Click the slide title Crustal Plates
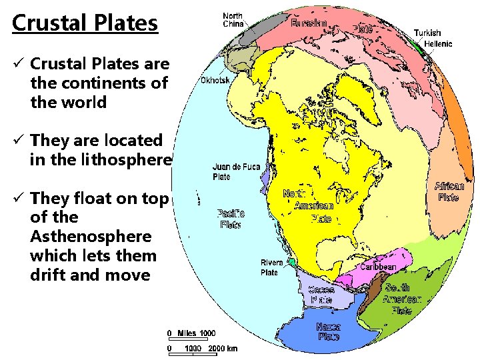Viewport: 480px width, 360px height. pyautogui.click(x=85, y=23)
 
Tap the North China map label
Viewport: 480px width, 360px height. pyautogui.click(x=233, y=20)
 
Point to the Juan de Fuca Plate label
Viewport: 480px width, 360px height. pyautogui.click(x=236, y=172)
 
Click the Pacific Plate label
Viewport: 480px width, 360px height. pyautogui.click(x=231, y=219)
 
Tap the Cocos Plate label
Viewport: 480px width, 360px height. pyautogui.click(x=321, y=295)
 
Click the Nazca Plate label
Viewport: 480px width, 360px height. pyautogui.click(x=329, y=332)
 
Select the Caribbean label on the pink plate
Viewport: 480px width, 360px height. pyautogui.click(x=378, y=267)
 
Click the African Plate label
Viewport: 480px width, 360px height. pyautogui.click(x=449, y=192)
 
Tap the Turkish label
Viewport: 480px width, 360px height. pyautogui.click(x=427, y=33)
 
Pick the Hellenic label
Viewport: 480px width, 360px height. pyautogui.click(x=438, y=44)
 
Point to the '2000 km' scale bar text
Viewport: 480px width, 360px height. pyautogui.click(x=223, y=349)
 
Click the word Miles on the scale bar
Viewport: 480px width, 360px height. pyautogui.click(x=187, y=333)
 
